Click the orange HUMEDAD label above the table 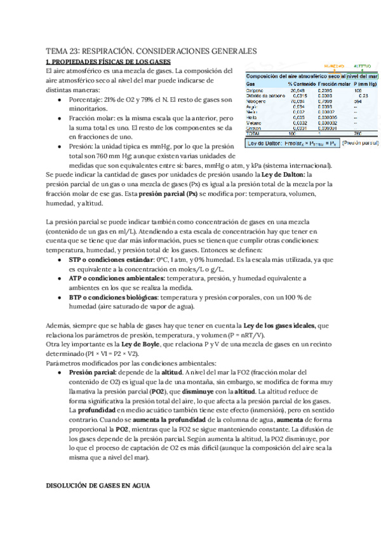tap(335, 65)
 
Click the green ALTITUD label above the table tap(362, 65)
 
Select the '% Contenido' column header tap(300, 83)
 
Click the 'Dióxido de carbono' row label tap(262, 95)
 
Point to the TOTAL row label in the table tap(254, 133)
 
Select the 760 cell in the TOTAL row tap(358, 133)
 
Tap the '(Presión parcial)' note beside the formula tap(361, 144)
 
